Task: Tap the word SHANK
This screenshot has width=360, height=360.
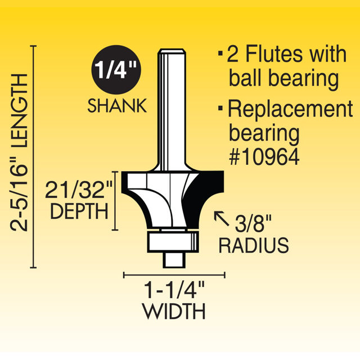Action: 117,106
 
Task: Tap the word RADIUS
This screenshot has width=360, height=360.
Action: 254,245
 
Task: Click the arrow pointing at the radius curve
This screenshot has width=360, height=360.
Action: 222,217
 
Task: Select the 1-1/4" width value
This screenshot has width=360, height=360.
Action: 174,292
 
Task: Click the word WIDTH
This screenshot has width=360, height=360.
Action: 174,311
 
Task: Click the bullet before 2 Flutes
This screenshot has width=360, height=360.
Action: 219,56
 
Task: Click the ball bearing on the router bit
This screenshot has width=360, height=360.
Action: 172,241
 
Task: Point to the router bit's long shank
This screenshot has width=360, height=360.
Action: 171,107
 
